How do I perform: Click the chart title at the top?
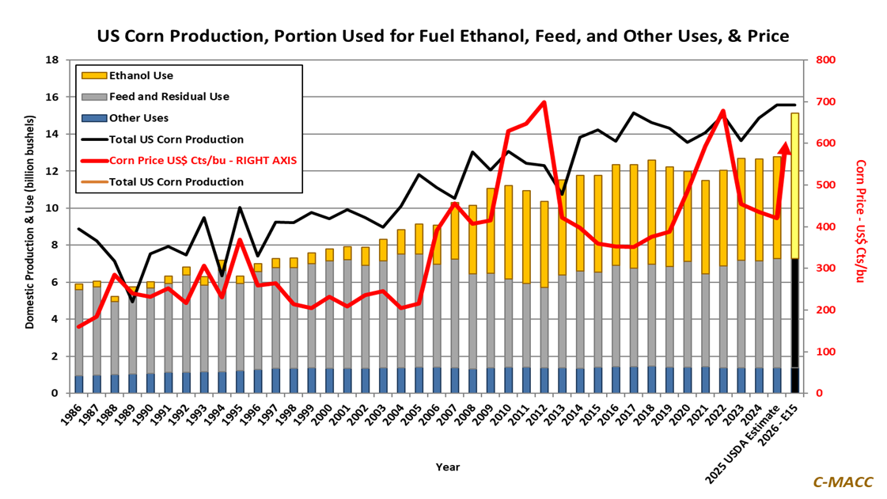coord(442,36)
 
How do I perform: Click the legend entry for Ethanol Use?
coord(141,76)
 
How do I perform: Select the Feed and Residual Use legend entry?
coord(169,97)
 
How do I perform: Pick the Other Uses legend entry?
coord(138,118)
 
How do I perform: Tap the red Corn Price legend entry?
coord(202,160)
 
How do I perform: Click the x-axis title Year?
coord(447,467)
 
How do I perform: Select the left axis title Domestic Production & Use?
coord(29,227)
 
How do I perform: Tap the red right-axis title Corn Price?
coord(862,227)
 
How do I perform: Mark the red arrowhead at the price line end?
coord(785,147)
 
